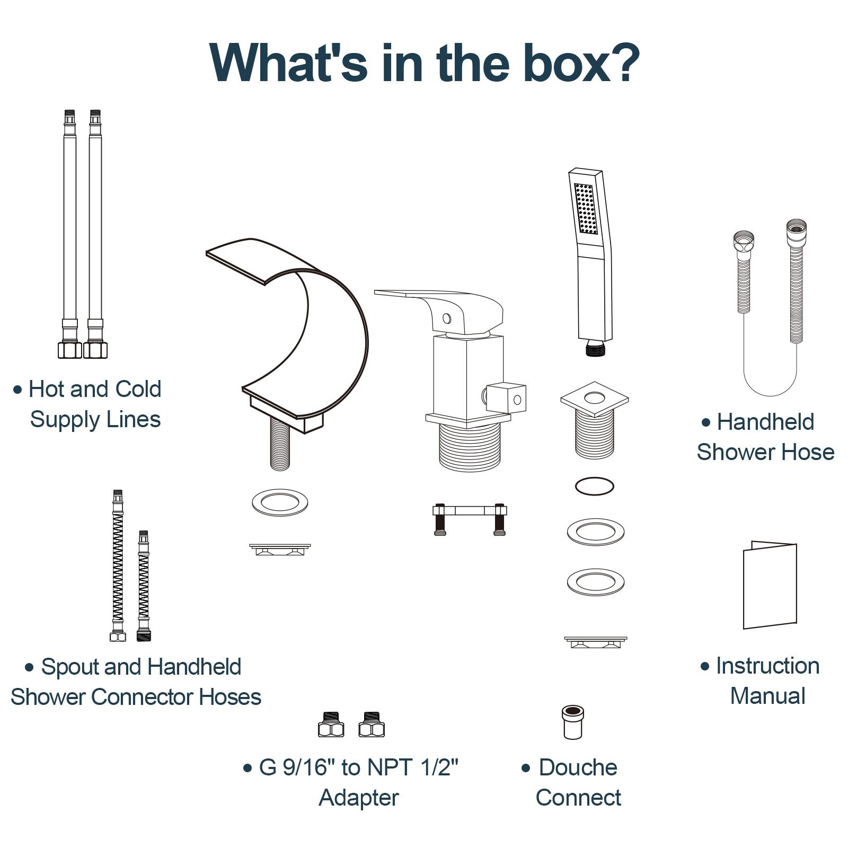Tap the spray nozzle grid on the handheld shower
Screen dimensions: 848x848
[586, 209]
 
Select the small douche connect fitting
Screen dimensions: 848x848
[573, 722]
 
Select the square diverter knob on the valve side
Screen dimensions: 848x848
[506, 397]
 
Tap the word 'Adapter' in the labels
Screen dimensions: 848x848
[359, 798]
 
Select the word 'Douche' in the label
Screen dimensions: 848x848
[578, 767]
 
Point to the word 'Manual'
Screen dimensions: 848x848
[767, 696]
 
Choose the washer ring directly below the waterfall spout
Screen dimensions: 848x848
[280, 502]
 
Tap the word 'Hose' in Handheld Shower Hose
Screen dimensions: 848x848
[807, 452]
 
